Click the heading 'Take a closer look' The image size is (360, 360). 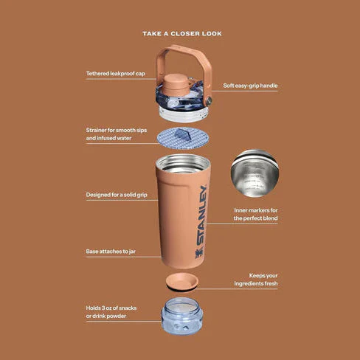[182, 33]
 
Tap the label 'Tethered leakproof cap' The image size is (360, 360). [116, 74]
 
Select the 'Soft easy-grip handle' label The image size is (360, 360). [250, 86]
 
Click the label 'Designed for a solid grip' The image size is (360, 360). [117, 195]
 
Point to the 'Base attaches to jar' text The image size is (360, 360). [111, 252]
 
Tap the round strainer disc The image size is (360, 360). [183, 138]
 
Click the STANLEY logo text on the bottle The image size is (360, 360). [201, 215]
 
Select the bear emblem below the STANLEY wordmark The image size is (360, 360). [200, 253]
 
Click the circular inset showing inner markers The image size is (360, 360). [255, 173]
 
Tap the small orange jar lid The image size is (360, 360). [182, 282]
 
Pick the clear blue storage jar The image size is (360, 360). [182, 316]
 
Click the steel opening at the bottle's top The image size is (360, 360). [183, 163]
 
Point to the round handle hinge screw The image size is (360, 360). [209, 100]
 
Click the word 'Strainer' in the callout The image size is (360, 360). [96, 130]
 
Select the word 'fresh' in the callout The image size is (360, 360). [271, 283]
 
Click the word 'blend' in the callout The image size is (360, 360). [270, 218]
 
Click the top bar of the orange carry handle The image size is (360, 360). [183, 49]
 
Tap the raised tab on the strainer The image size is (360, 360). [182, 135]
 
